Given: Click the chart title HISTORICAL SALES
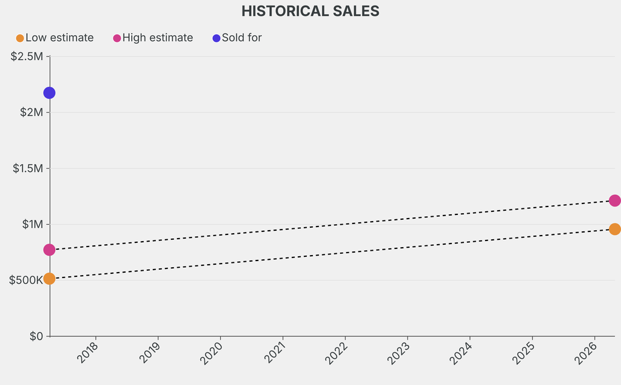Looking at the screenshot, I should click(x=310, y=11).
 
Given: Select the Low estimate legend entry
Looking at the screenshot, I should click(x=55, y=38).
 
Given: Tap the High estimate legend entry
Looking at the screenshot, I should click(x=153, y=38).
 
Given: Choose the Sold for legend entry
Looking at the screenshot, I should click(x=237, y=38).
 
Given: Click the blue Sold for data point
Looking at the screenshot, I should click(x=49, y=93).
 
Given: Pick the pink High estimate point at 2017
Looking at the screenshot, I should click(x=49, y=250).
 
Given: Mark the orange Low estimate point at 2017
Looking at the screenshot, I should click(x=49, y=279).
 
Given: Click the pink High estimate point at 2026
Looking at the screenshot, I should click(x=614, y=200).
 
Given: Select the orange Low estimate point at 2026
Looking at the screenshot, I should click(x=614, y=229).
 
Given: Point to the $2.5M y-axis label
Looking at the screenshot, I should click(x=27, y=56).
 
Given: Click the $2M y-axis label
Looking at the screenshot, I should click(x=30, y=112).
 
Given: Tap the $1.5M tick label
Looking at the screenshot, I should click(x=28, y=168).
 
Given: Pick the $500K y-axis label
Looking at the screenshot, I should click(x=25, y=280).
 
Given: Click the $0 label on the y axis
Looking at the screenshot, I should click(x=36, y=336).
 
